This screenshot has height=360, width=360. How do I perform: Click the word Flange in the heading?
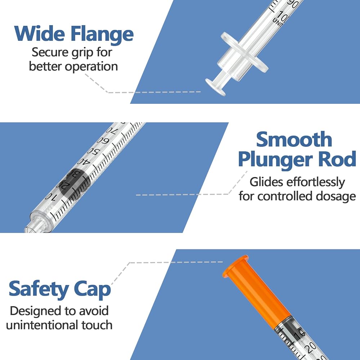(102, 35)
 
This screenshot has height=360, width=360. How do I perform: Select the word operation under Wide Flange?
(91, 67)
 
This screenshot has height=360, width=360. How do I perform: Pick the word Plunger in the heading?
(275, 159)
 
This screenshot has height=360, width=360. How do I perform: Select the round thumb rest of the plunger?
(216, 87)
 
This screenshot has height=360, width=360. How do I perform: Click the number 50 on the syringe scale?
(93, 152)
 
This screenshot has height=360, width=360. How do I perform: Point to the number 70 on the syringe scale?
(112, 131)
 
